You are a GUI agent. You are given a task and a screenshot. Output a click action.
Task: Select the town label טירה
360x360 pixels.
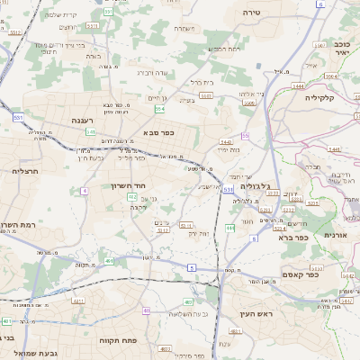point(251,13)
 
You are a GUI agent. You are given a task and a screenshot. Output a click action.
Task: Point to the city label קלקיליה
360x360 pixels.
point(319,97)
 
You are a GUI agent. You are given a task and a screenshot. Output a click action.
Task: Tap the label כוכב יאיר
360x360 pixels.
point(340,48)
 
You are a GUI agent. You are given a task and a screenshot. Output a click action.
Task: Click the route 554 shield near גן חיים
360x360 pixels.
point(159,109)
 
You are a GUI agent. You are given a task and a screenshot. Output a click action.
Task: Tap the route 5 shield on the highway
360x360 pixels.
point(190,267)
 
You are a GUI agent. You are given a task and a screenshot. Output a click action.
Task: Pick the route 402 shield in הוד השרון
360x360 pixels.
point(132,196)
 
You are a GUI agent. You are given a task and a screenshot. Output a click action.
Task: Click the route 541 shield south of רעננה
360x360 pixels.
point(91,131)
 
